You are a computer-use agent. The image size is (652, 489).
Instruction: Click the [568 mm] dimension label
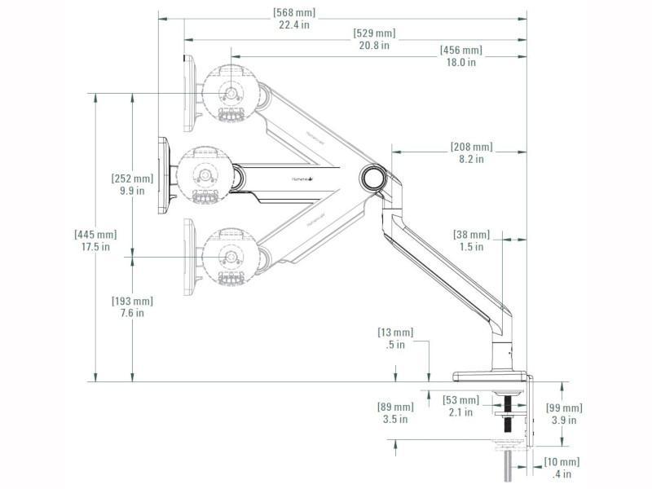tap(294, 14)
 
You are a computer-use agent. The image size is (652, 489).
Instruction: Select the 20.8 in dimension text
tap(374, 46)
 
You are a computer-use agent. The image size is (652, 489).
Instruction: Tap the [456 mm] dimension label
tap(460, 51)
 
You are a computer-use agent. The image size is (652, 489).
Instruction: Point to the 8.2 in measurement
tap(471, 159)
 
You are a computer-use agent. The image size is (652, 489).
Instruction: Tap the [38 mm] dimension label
tap(471, 235)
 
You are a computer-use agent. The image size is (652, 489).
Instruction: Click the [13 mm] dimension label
tap(395, 333)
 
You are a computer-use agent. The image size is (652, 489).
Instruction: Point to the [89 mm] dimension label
tap(395, 407)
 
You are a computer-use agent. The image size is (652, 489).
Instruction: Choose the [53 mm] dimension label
tap(460, 400)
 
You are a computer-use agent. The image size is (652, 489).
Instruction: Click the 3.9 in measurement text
tap(564, 420)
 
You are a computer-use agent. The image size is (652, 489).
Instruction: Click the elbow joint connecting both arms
tap(373, 176)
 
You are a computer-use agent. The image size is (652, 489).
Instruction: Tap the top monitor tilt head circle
tap(230, 92)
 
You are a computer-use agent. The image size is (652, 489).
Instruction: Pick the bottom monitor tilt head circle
tap(230, 257)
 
